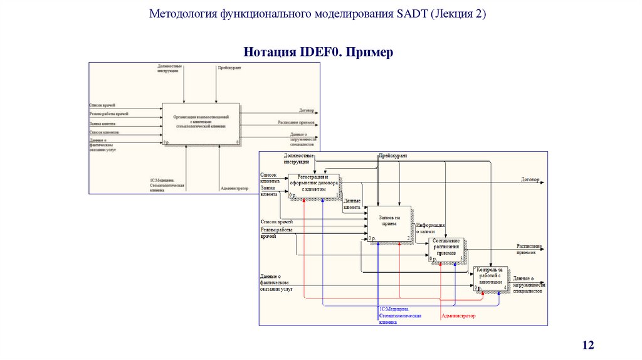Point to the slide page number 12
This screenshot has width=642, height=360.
tap(588, 346)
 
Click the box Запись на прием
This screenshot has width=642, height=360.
tap(389, 222)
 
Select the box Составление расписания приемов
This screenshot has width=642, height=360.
tap(448, 249)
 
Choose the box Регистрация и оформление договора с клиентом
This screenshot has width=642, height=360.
tap(313, 185)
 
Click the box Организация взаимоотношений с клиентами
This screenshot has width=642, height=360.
tap(201, 122)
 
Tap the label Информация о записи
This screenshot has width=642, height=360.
tap(430, 229)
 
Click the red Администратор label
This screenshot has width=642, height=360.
tap(459, 316)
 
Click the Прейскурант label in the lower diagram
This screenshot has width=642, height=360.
tap(392, 154)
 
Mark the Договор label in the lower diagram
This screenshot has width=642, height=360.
tap(530, 179)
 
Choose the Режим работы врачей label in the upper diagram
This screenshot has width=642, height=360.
tap(108, 114)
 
